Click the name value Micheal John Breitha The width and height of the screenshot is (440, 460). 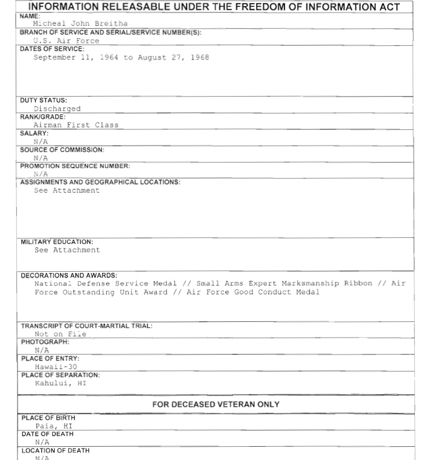pos(80,24)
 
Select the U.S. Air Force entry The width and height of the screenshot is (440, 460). pos(66,41)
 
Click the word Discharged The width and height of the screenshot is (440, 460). pos(57,109)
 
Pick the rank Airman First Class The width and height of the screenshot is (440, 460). pos(75,125)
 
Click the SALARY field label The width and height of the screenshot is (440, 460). pos(34,133)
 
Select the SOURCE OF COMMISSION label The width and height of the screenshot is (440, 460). pos(62,150)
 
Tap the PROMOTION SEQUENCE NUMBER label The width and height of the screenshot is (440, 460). pos(75,166)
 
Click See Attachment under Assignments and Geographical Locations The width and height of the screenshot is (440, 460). pos(67,191)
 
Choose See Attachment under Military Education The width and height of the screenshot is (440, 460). pos(67,250)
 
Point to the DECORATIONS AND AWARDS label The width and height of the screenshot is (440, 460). pos(68,275)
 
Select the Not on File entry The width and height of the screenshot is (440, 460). pos(60,334)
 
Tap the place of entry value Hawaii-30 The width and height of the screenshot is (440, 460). pos(56,366)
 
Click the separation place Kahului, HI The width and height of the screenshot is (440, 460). pos(60,383)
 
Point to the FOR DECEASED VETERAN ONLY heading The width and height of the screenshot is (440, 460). pos(215,405)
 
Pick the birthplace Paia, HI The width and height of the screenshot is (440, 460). pos(54,426)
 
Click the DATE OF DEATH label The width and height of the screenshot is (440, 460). pos(47,434)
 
